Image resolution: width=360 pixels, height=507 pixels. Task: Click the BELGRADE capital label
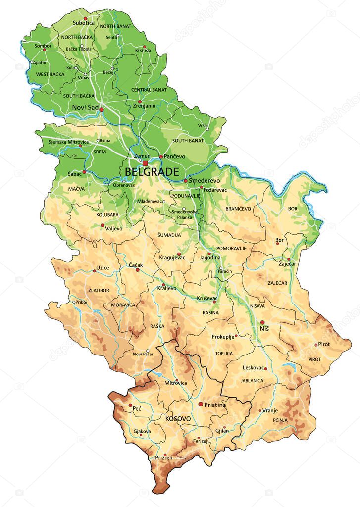click(152, 172)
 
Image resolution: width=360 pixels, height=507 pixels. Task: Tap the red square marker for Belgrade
click(145, 162)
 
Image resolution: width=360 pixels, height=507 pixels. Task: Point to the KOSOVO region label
click(178, 419)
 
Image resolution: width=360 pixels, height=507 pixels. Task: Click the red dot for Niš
click(262, 322)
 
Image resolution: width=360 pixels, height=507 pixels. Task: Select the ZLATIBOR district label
click(98, 291)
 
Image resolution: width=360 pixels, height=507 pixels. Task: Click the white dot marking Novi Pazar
click(148, 351)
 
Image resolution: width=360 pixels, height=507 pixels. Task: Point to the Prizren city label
click(164, 458)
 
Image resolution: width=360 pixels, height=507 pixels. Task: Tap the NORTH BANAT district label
click(115, 26)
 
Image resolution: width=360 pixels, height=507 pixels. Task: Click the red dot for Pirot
click(316, 345)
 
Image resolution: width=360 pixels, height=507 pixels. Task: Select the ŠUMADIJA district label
click(169, 235)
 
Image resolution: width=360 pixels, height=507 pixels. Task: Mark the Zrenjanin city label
click(144, 106)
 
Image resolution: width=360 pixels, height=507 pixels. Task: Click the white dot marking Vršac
click(207, 129)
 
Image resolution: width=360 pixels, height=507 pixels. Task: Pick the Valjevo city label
click(113, 229)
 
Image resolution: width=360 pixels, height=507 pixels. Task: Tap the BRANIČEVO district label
click(238, 209)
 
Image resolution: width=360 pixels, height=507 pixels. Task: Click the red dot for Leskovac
click(265, 368)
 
